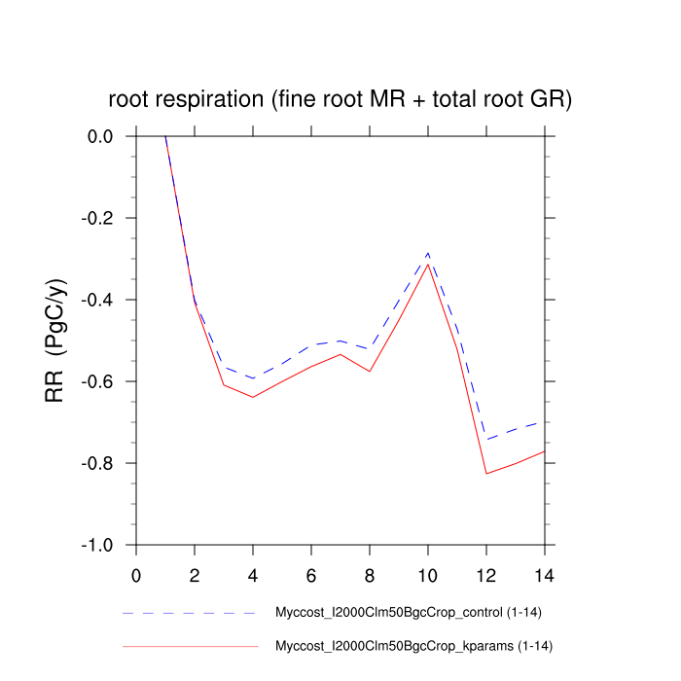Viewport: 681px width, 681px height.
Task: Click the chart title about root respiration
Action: click(340, 99)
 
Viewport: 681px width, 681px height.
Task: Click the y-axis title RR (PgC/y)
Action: click(56, 340)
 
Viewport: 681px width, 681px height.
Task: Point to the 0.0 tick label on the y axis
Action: click(100, 137)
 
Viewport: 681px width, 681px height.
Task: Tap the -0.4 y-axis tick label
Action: click(97, 301)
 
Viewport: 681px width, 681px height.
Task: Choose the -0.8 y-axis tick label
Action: click(97, 464)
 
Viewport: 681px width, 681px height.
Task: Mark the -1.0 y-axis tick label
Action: click(97, 546)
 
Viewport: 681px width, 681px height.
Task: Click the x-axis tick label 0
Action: click(136, 575)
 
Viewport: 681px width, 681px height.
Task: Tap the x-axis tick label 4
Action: click(253, 575)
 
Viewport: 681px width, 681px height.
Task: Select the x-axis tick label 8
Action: click(370, 575)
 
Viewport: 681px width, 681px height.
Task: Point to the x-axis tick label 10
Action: click(428, 575)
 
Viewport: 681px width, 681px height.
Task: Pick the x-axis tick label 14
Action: click(545, 575)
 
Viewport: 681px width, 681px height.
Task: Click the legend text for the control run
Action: click(413, 614)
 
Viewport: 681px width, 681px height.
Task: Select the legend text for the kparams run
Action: click(414, 646)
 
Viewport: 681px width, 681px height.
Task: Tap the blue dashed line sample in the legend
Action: click(190, 614)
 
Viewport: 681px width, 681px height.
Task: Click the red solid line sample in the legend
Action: click(190, 646)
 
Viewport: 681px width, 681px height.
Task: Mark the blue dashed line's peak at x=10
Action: click(428, 253)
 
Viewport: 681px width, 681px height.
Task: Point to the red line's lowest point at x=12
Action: click(486, 474)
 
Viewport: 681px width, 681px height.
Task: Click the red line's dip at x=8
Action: click(370, 372)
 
